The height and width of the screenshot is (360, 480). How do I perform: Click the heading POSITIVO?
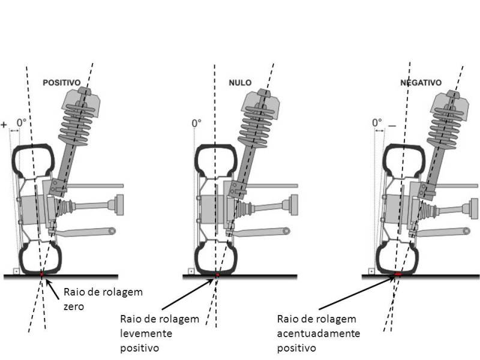coord(62,83)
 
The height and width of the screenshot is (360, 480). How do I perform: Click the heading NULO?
coord(240,83)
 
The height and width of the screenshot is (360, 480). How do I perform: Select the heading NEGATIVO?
coord(421,83)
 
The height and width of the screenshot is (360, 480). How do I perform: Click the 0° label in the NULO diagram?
coord(196,124)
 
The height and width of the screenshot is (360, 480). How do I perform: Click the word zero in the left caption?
coord(73,305)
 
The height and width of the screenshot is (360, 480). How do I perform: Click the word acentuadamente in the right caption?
coord(308,333)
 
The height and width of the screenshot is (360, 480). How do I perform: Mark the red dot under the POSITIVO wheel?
coord(41,274)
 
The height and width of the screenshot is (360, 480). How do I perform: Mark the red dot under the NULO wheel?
coord(217,275)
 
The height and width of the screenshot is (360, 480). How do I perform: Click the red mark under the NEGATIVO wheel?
coord(398,275)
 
